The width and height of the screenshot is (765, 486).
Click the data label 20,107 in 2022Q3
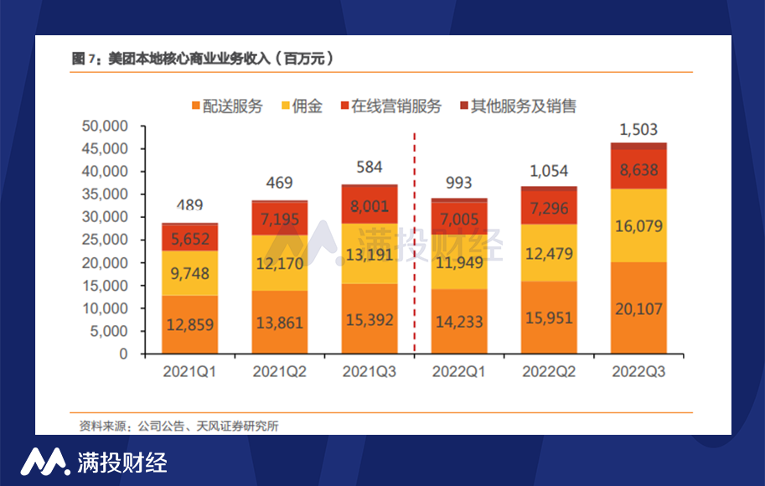638,309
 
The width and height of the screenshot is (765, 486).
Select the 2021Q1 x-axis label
189,371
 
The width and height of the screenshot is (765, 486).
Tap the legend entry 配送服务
227,106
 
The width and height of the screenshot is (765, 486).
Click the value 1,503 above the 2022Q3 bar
638,130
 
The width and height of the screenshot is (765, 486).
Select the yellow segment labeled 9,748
189,273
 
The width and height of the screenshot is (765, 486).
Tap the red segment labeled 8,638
638,170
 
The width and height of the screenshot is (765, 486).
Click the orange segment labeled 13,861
280,323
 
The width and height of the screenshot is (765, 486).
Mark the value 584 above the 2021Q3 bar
370,168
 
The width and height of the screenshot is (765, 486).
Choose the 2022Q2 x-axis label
549,371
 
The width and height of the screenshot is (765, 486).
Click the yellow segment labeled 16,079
638,226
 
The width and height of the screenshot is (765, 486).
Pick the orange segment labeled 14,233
459,322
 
